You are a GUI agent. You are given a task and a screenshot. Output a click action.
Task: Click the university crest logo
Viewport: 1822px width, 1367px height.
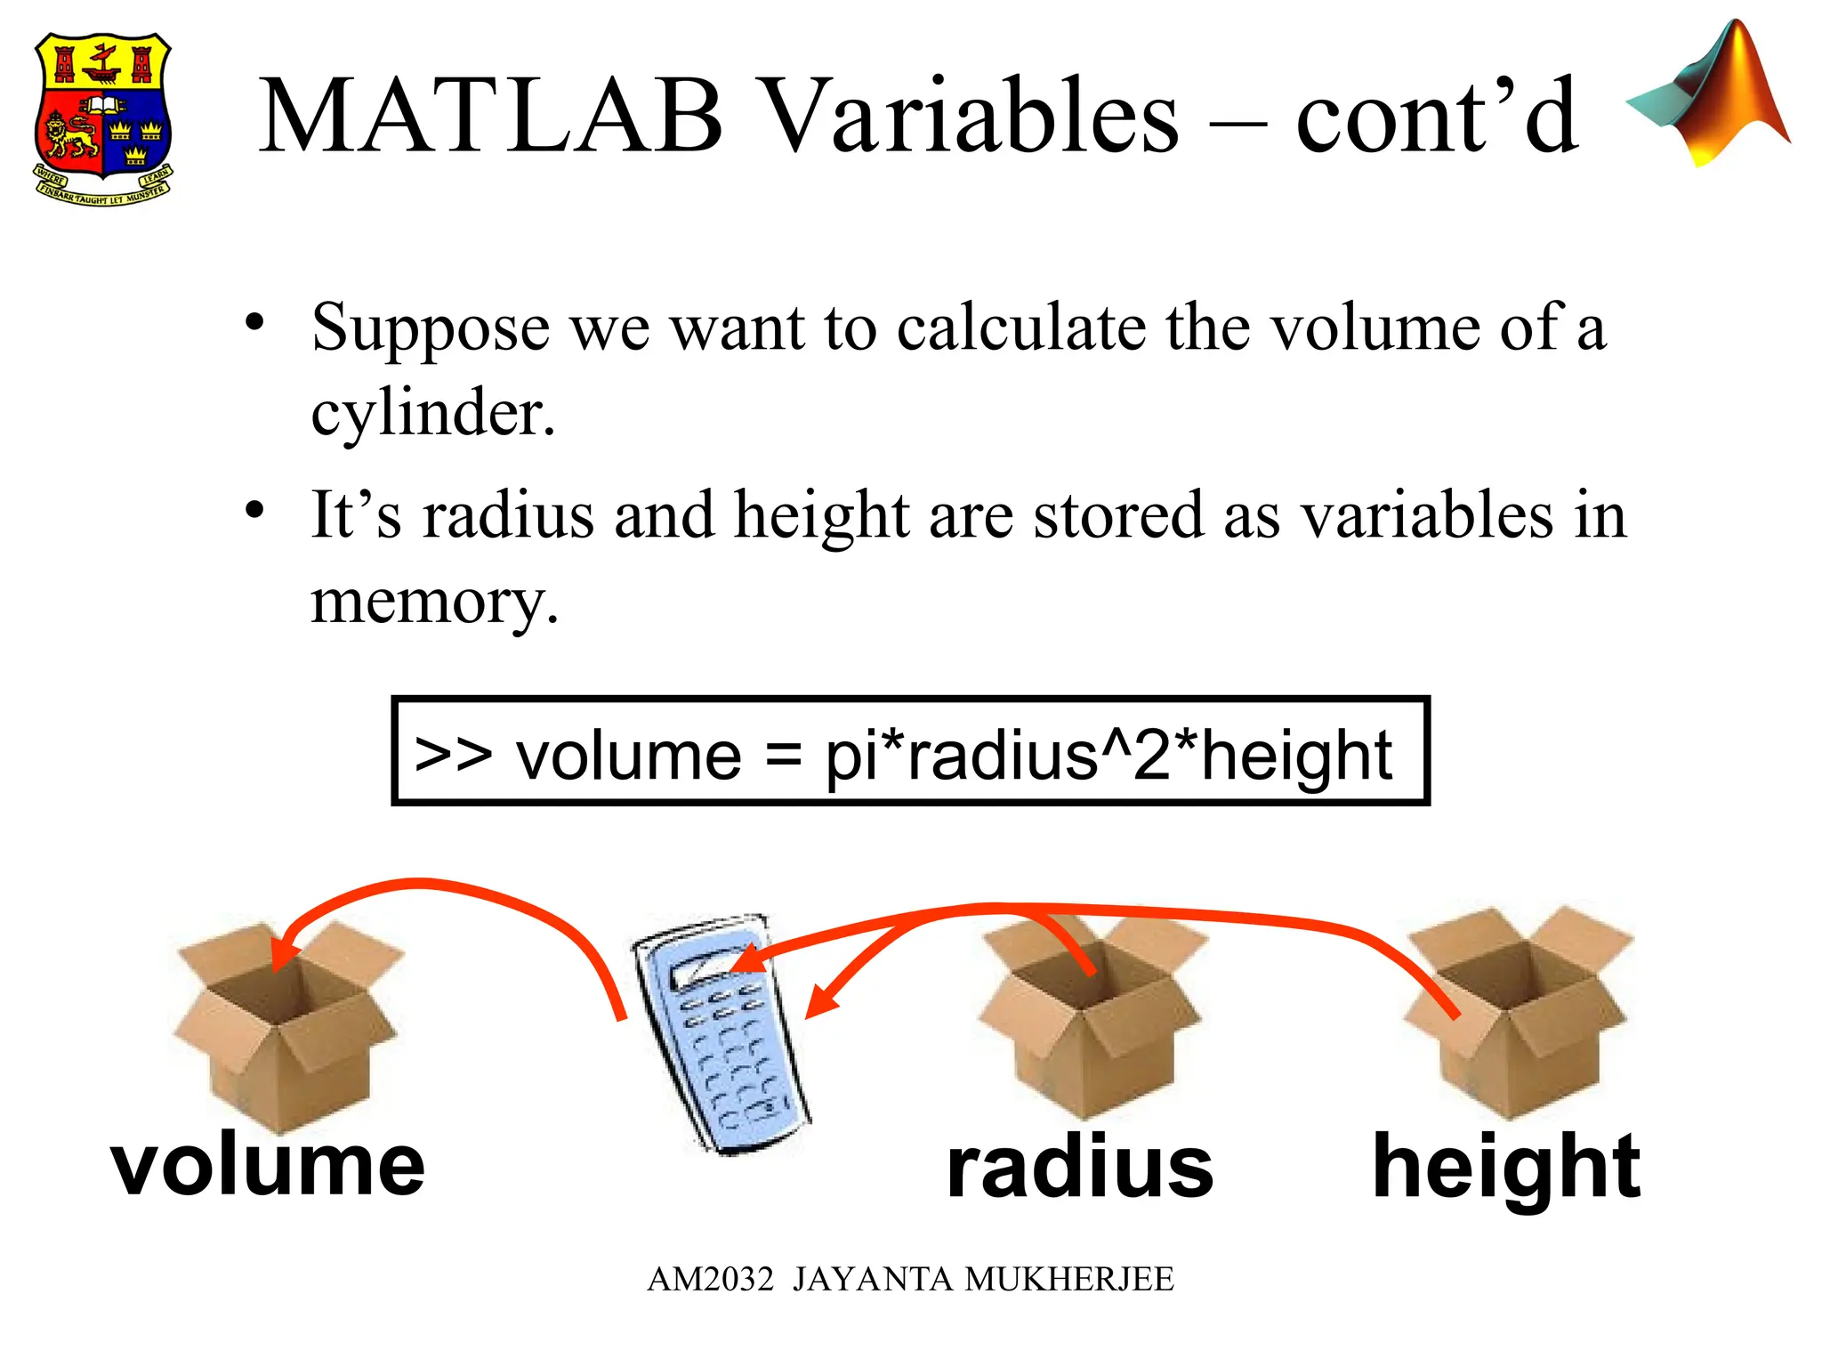(103, 117)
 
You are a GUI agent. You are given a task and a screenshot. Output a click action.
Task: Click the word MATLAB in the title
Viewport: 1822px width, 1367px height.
(490, 117)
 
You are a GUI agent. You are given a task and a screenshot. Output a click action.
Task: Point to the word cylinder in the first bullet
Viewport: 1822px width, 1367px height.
(432, 413)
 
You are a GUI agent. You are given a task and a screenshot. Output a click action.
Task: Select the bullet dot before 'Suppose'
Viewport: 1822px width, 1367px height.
(255, 322)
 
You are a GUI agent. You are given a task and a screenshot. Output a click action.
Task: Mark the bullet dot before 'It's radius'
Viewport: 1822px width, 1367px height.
(255, 510)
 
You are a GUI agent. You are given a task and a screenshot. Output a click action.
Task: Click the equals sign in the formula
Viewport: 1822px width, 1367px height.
(783, 756)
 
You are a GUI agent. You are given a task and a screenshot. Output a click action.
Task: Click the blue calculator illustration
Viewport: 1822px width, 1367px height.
(720, 1032)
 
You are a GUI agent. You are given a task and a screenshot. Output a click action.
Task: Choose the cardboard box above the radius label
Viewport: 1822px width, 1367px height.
(1089, 1019)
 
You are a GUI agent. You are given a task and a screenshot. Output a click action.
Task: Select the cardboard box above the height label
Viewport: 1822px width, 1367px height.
(1517, 1015)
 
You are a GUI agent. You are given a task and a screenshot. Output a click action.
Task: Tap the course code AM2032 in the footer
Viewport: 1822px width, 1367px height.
(710, 1279)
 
